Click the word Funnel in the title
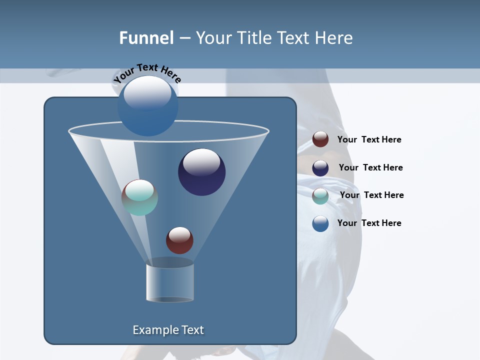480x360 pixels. (146, 38)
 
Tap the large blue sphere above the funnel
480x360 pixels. (148, 106)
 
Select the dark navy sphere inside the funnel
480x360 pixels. (201, 172)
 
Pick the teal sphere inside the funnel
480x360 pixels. (139, 197)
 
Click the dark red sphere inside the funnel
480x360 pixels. (179, 240)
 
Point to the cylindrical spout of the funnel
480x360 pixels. (169, 282)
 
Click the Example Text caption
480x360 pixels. (168, 330)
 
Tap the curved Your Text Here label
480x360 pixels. (147, 72)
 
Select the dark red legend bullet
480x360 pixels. (320, 139)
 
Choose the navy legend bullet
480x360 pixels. (320, 168)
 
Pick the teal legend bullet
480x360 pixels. (320, 196)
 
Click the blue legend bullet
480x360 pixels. (320, 223)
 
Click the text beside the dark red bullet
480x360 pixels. (369, 139)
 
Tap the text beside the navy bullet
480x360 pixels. (370, 167)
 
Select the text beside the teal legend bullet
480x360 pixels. (371, 195)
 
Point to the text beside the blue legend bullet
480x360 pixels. (369, 223)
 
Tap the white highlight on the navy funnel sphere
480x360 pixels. (201, 162)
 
